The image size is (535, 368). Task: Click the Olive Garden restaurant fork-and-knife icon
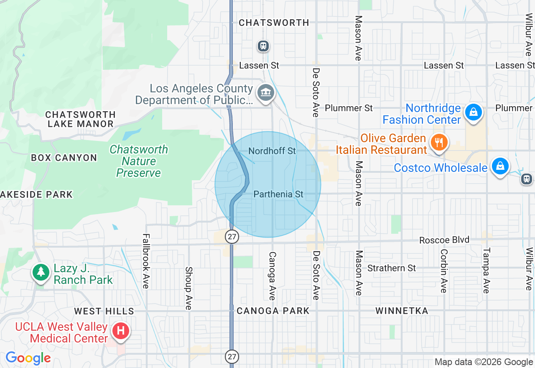tap(438, 142)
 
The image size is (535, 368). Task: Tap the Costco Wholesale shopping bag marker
tap(500, 166)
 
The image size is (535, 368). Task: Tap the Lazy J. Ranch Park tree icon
tap(41, 272)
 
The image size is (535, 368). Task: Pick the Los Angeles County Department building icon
tap(265, 92)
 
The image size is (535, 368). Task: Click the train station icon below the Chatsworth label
tap(263, 46)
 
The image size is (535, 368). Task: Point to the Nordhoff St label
tap(272, 151)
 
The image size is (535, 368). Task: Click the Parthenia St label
tap(278, 194)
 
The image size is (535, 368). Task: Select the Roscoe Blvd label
tap(444, 240)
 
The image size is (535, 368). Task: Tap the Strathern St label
tap(392, 268)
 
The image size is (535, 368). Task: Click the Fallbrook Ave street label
tap(145, 261)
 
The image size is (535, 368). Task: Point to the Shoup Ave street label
tap(189, 289)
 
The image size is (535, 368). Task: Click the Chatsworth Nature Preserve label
tap(139, 161)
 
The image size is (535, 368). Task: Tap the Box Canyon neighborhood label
tap(64, 158)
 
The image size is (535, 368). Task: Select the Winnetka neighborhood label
tap(402, 311)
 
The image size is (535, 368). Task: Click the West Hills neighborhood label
tap(104, 311)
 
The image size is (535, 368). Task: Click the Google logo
tap(28, 358)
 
